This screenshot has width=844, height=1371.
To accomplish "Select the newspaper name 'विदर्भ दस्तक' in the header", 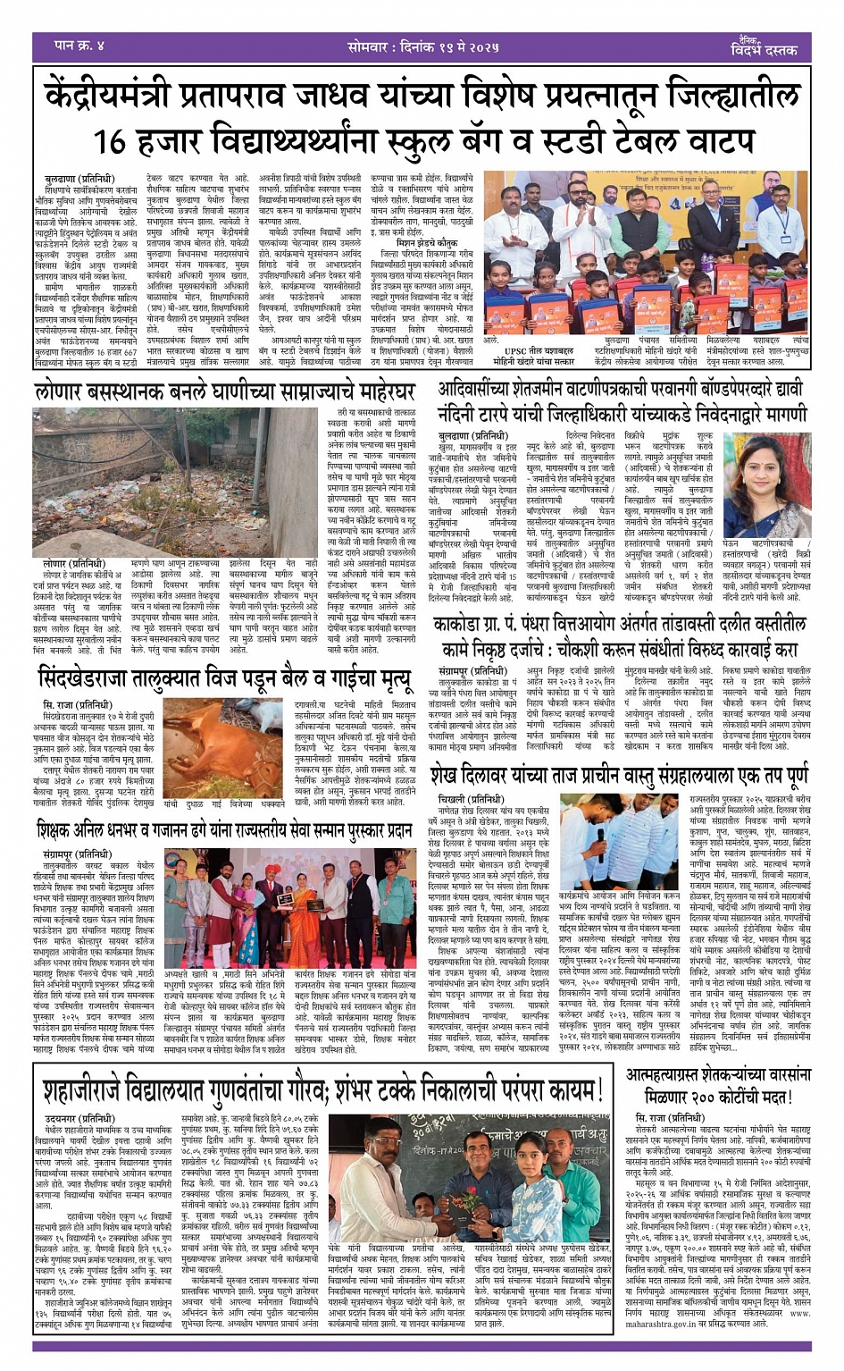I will coord(764,51).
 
